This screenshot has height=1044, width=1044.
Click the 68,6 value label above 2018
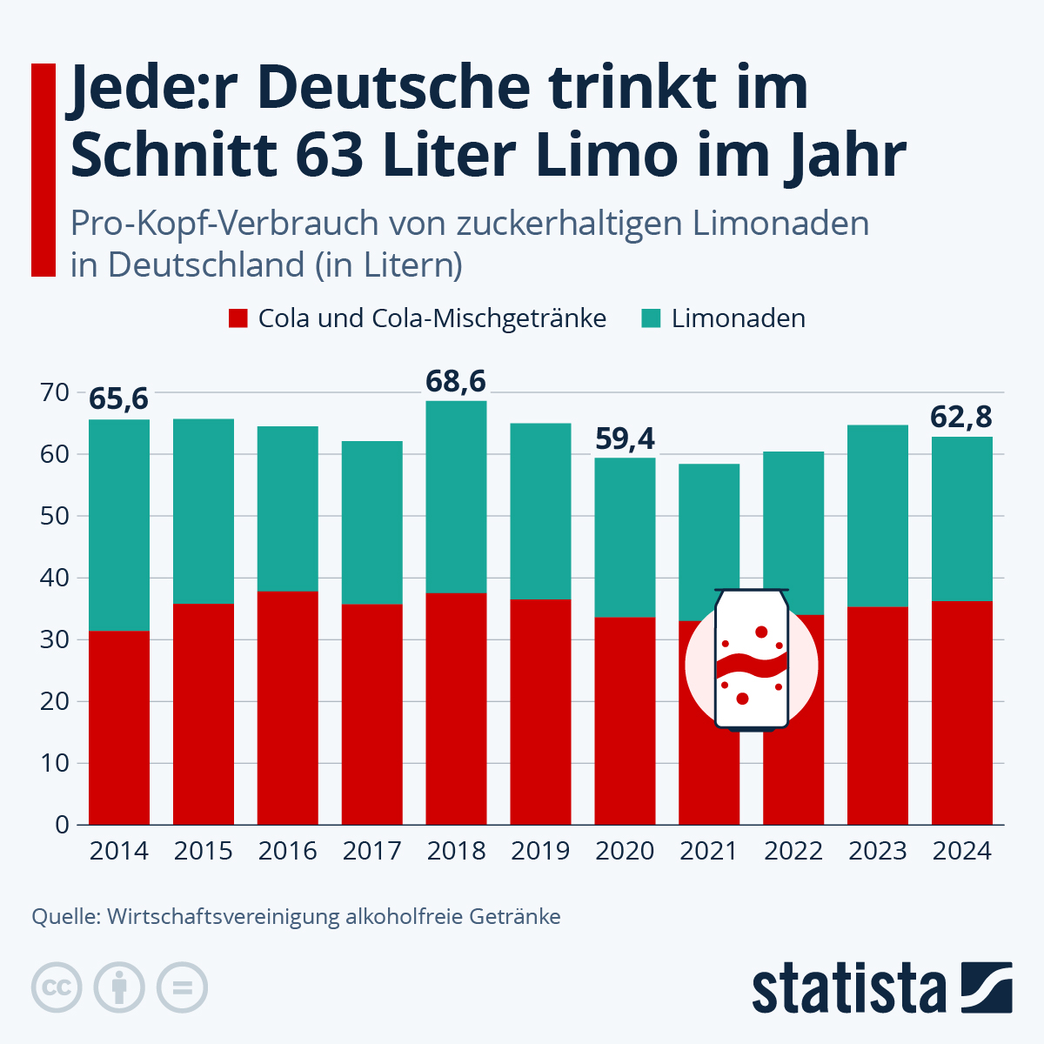pos(455,381)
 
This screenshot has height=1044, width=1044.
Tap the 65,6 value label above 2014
pos(118,399)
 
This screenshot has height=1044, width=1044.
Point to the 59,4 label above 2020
pos(625,438)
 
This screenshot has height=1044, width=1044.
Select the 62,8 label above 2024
pos(961,418)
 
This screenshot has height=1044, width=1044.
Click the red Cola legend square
pos(238,318)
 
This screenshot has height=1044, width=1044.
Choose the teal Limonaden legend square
pos(651,318)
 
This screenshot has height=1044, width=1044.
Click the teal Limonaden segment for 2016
pos(287,509)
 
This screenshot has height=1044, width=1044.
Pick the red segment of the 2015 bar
pos(203,713)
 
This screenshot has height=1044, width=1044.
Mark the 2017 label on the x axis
pos(371,851)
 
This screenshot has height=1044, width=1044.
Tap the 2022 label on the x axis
pos(793,851)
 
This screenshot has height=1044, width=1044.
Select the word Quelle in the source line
pos(64,917)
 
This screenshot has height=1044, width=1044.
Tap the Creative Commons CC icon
pos(57,987)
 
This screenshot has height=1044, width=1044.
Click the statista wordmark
pos(848,988)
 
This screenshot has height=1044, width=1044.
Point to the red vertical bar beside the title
pos(43,170)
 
